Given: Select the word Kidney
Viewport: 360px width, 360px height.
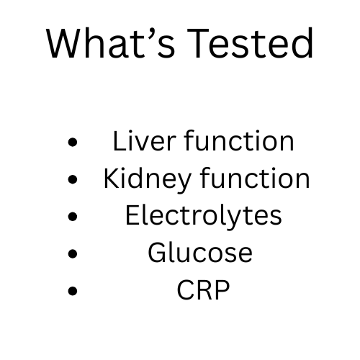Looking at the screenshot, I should [x=140, y=179].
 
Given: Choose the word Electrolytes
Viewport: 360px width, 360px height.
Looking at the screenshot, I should [x=203, y=216].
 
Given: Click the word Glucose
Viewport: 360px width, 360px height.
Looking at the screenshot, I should [x=200, y=253].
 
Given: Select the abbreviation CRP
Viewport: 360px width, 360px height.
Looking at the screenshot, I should [x=203, y=291].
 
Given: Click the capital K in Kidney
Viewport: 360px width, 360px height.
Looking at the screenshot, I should [x=110, y=179].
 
